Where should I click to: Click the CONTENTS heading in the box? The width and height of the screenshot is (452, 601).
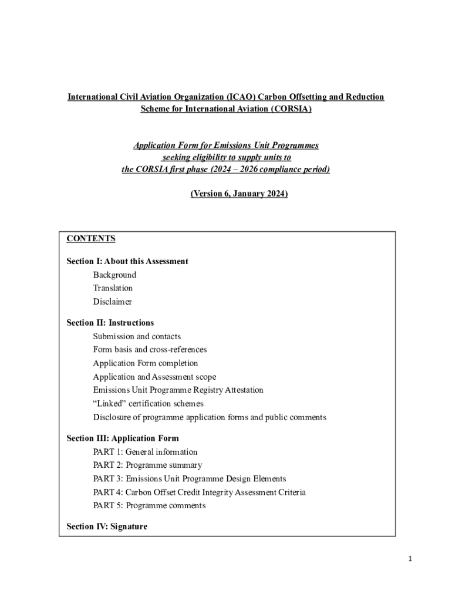pyautogui.click(x=91, y=239)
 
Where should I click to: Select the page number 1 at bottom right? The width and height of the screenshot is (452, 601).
pyautogui.click(x=411, y=559)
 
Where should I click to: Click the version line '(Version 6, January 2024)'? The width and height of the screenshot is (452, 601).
pyautogui.click(x=239, y=194)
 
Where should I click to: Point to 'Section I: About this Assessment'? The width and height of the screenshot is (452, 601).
pyautogui.click(x=127, y=261)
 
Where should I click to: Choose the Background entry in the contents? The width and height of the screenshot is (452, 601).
pyautogui.click(x=114, y=275)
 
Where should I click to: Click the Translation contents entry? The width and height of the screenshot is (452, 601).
pyautogui.click(x=113, y=288)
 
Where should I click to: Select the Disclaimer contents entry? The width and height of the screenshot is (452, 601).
pyautogui.click(x=112, y=302)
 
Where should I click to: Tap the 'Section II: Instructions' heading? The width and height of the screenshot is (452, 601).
pyautogui.click(x=110, y=323)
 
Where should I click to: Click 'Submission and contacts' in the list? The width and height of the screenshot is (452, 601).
pyautogui.click(x=137, y=336)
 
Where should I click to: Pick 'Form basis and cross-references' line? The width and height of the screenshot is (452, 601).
pyautogui.click(x=150, y=350)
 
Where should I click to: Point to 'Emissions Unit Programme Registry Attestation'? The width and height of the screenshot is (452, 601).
pyautogui.click(x=178, y=390)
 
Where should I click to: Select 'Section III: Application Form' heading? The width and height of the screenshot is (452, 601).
pyautogui.click(x=123, y=438)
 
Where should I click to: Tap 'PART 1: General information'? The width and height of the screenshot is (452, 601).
pyautogui.click(x=145, y=452)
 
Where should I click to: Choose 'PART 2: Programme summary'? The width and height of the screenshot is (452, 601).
pyautogui.click(x=147, y=465)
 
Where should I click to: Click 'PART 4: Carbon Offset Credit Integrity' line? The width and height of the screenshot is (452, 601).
pyautogui.click(x=199, y=492)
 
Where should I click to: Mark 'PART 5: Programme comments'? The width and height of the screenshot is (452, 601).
pyautogui.click(x=149, y=506)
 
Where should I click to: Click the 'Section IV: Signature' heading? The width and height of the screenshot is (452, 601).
pyautogui.click(x=107, y=526)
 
